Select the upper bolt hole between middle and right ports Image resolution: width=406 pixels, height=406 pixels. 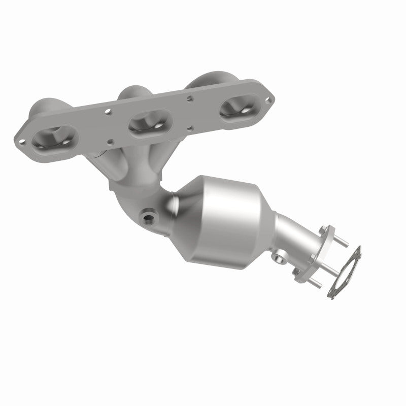click(189, 97)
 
